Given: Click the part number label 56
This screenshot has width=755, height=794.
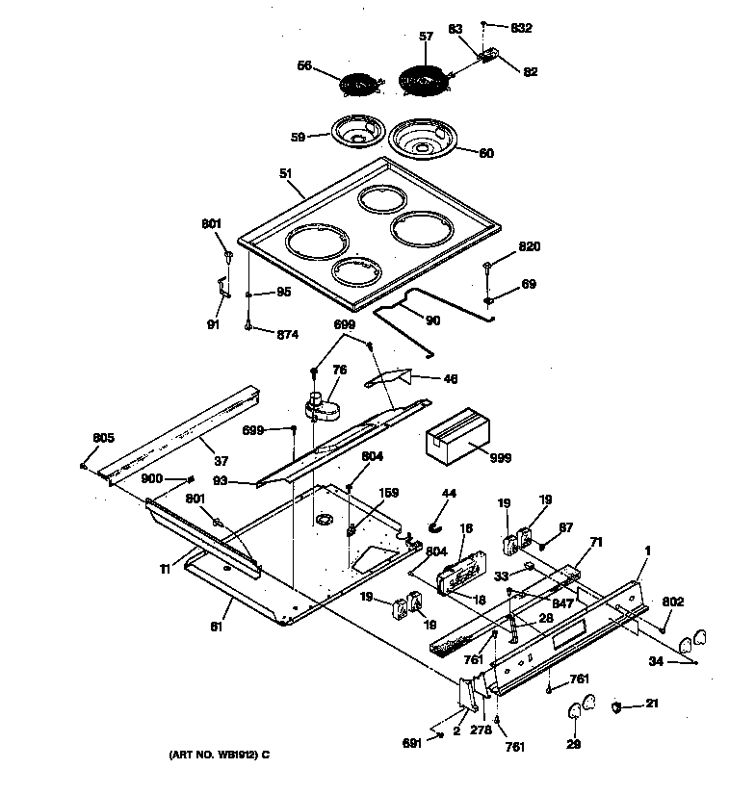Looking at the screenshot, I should pos(304,65).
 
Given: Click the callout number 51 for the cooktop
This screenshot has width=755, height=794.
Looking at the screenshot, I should pos(285,173).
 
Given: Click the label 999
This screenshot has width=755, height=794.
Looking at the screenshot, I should pos(499,458).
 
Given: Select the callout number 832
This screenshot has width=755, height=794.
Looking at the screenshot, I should pos(521,27).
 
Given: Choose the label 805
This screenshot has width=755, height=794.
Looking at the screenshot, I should pos(103,439).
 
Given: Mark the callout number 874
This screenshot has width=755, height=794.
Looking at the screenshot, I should pos(287,334).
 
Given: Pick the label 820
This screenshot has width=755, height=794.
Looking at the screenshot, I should pos(529,247).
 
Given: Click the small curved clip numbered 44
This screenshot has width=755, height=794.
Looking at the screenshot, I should pos(433,525).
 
